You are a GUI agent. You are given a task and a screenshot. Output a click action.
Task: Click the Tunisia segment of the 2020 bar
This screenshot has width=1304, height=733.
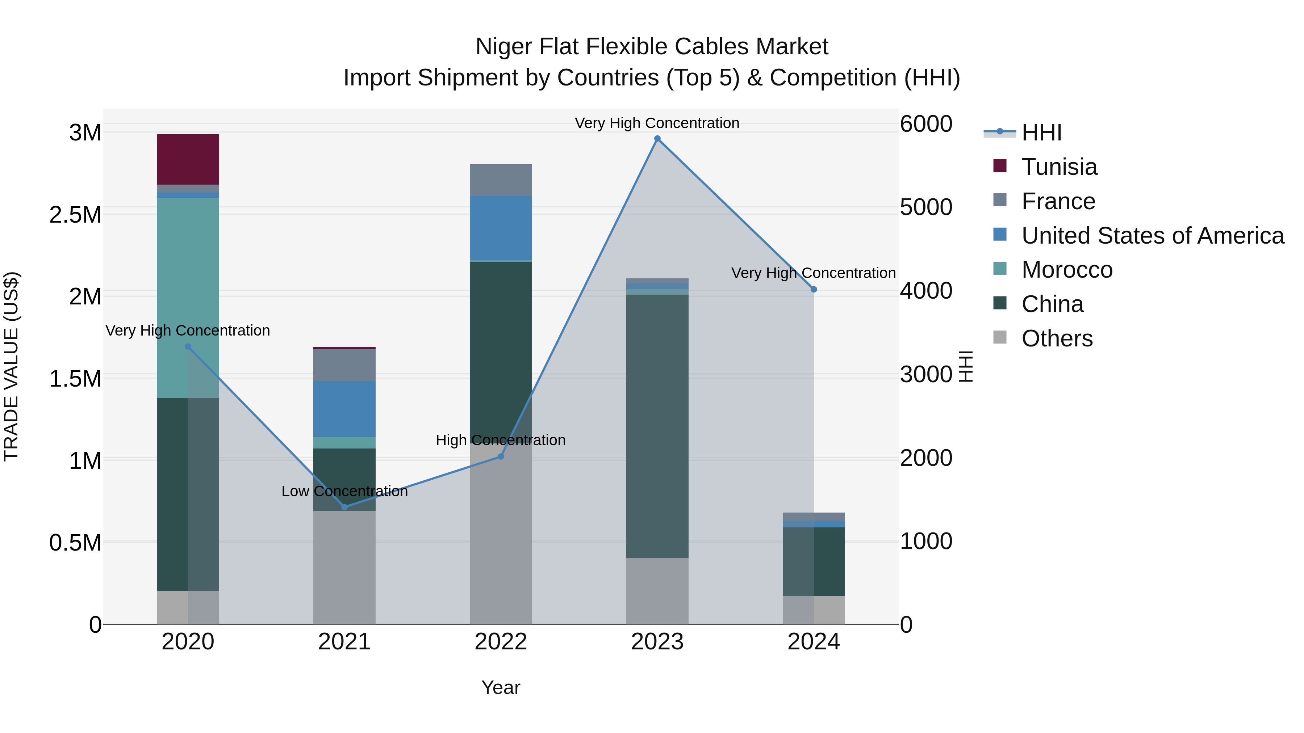(188, 159)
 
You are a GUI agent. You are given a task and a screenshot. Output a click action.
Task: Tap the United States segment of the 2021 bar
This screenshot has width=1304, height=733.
(344, 409)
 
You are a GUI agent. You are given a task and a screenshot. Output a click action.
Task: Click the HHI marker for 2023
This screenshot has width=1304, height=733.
(657, 139)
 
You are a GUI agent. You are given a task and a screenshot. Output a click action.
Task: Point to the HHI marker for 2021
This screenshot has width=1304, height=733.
(344, 507)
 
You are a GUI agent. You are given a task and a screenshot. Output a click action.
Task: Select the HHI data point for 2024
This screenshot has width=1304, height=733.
(814, 289)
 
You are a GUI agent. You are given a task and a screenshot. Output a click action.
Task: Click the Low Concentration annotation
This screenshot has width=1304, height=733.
(344, 491)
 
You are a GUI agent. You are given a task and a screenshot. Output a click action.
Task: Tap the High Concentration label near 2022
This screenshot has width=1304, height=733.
(501, 440)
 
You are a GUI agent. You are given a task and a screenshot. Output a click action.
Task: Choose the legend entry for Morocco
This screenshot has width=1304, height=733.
(1067, 270)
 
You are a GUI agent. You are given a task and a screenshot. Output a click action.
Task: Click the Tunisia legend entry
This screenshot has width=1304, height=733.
(1059, 167)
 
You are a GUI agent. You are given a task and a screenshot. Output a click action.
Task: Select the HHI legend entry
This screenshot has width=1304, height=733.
(1041, 132)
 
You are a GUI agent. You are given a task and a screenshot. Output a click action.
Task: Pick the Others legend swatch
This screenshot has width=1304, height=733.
(1000, 337)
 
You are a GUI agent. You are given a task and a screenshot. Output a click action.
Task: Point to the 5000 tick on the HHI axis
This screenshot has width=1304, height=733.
(926, 207)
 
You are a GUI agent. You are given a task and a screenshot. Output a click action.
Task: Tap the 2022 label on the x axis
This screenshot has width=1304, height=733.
(501, 641)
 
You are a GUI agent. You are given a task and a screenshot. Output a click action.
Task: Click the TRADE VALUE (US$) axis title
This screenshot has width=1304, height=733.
(11, 366)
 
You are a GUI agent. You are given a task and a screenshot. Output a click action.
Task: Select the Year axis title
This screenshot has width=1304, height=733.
(501, 687)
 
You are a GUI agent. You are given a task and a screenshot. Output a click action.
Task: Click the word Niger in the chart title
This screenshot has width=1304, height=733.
(503, 47)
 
